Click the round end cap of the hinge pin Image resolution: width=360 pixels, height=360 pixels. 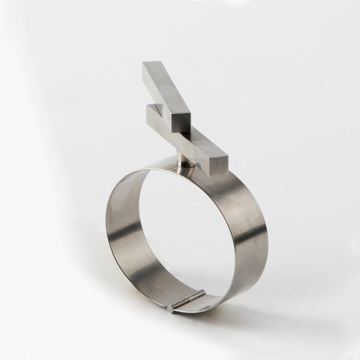coord(170,309)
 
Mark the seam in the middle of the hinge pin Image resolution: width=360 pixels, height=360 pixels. coord(188,300)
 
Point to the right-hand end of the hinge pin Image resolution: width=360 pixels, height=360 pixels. coord(203,292)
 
